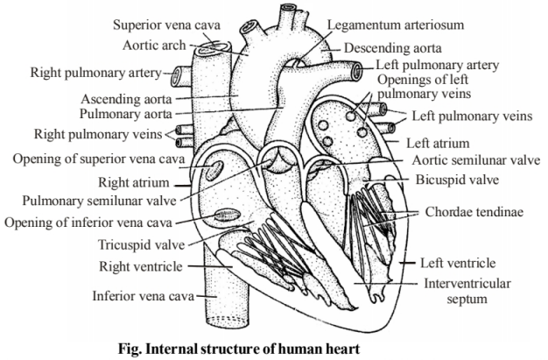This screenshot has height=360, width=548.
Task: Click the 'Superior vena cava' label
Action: (x=166, y=25)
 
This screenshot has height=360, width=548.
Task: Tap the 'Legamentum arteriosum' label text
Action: (x=396, y=25)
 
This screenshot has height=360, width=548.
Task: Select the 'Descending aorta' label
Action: (x=393, y=48)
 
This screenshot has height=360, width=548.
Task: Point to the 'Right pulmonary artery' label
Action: (x=95, y=73)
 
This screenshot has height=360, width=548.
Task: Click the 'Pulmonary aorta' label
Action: (x=126, y=114)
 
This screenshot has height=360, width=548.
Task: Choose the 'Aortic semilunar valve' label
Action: (x=476, y=160)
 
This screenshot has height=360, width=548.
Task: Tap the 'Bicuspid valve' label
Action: (x=457, y=180)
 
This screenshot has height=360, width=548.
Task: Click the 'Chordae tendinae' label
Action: (x=474, y=212)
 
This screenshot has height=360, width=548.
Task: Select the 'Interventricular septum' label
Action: (x=467, y=291)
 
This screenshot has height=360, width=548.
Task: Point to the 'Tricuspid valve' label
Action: (x=141, y=245)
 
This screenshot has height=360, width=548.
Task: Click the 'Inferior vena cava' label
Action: (x=143, y=296)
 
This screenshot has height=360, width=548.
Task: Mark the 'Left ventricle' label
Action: (x=458, y=263)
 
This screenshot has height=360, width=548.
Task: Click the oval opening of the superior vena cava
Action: (x=214, y=170)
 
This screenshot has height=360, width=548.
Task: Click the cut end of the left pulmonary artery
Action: (x=357, y=70)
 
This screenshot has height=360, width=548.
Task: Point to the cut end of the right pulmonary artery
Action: (x=175, y=76)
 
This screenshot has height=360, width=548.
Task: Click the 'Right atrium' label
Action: (x=134, y=182)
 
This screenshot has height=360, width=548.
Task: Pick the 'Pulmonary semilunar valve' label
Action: (x=99, y=201)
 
